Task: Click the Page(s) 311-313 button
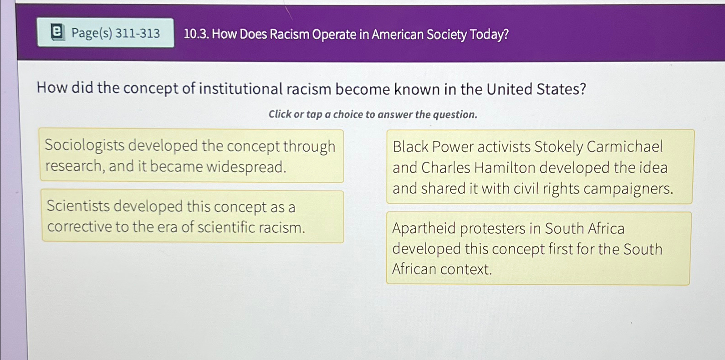(106, 33)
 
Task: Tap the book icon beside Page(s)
(56, 33)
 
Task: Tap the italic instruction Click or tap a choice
(373, 114)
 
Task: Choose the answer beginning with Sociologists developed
(191, 156)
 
